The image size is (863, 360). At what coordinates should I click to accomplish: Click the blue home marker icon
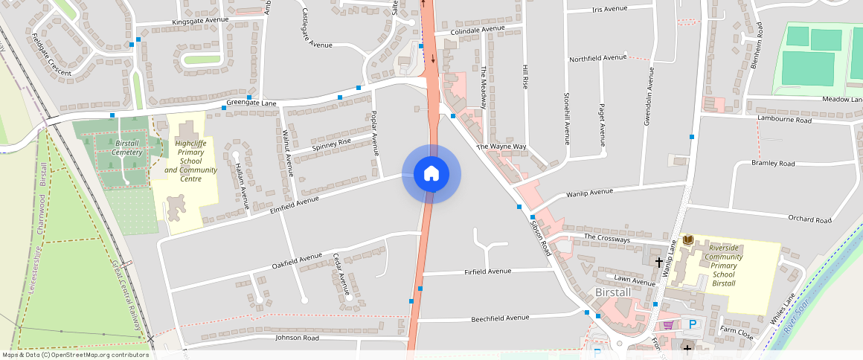(431, 174)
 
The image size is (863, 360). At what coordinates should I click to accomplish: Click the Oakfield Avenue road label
(297, 260)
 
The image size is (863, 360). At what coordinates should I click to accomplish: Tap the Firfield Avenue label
(488, 271)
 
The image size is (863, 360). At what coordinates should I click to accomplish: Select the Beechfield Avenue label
(500, 318)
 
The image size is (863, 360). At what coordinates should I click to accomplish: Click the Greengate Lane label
(251, 103)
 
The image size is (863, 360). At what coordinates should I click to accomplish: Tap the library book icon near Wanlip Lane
(688, 240)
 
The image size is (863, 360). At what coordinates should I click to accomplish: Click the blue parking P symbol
(693, 324)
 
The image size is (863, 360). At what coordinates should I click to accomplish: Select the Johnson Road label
(297, 338)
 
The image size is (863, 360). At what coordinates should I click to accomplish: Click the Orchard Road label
(812, 219)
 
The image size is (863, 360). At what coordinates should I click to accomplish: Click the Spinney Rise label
(331, 142)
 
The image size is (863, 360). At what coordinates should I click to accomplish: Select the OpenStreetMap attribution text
(75, 355)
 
